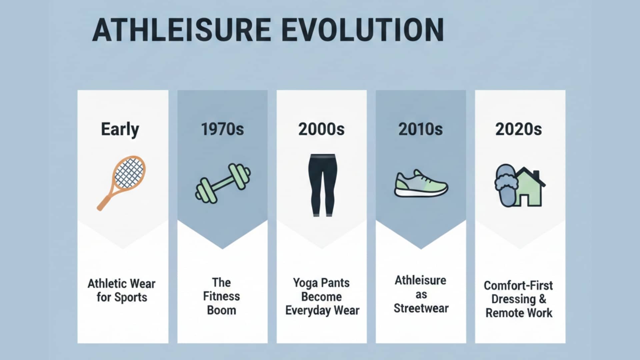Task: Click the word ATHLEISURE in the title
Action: coord(181,30)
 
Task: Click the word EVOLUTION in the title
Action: coord(363,30)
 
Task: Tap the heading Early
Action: coord(120,129)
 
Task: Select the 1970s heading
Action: coord(222,129)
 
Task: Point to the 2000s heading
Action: coord(321,129)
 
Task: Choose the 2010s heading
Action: coord(421,129)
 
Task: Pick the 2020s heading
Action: coord(519,129)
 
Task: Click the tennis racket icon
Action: coord(122,182)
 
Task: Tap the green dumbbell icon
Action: coord(223,183)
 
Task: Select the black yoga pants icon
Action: coord(322,185)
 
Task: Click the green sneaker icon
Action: coord(421,184)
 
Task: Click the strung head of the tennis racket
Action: coord(129,173)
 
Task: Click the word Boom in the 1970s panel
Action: coord(222,310)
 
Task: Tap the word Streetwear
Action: coord(421,309)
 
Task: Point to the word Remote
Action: coord(503,313)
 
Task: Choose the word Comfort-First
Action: coord(518,286)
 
